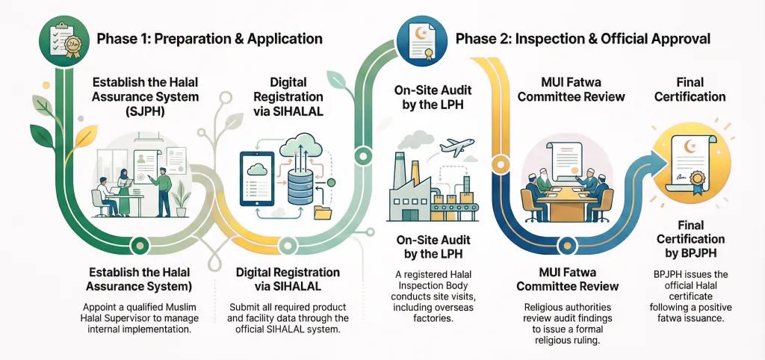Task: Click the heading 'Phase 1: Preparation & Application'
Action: [x=209, y=39]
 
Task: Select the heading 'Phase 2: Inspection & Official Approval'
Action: [x=583, y=39]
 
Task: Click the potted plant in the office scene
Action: [x=179, y=198]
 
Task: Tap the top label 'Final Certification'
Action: [x=690, y=89]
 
